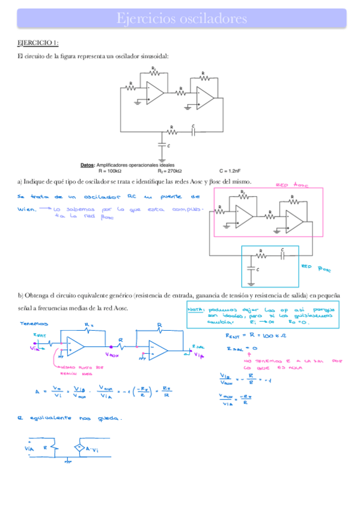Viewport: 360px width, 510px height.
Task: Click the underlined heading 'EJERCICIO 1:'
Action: [x=37, y=43]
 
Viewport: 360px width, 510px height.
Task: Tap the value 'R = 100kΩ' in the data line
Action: [x=114, y=170]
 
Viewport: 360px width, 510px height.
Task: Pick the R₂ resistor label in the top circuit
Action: [x=154, y=68]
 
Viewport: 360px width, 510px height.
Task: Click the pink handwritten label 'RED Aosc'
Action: [x=292, y=186]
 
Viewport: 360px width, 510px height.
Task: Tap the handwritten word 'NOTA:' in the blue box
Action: [x=197, y=309]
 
